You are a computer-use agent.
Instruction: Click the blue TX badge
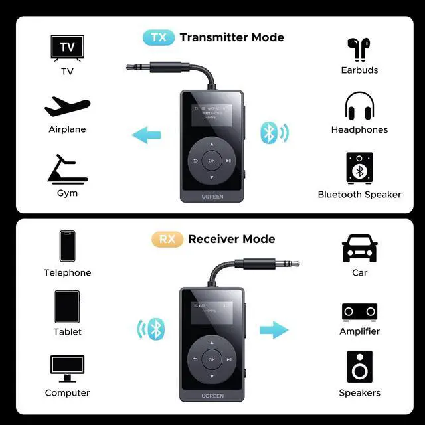[159, 37]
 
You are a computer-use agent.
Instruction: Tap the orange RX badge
[167, 239]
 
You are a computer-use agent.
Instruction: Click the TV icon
[67, 48]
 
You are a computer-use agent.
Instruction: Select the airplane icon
[67, 107]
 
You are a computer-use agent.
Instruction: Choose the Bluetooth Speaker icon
[359, 169]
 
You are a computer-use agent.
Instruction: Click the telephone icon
[67, 246]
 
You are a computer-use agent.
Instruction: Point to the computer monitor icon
[67, 368]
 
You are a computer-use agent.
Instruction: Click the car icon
[359, 248]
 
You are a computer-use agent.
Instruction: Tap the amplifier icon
[359, 311]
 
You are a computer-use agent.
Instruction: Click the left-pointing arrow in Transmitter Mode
[147, 136]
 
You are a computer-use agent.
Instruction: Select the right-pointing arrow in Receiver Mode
[274, 329]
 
